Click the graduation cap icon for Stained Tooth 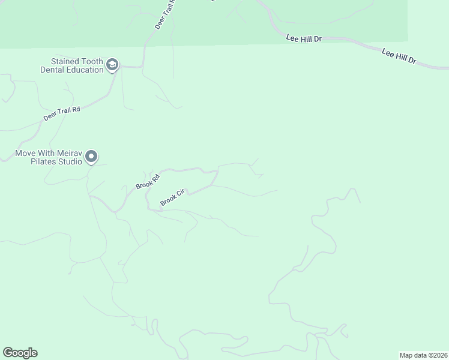pyautogui.click(x=112, y=65)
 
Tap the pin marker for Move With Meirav pyautogui.click(x=91, y=157)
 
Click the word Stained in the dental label pyautogui.click(x=66, y=61)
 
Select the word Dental pyautogui.click(x=52, y=70)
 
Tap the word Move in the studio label pyautogui.click(x=26, y=153)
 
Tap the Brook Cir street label pyautogui.click(x=174, y=199)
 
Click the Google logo pyautogui.click(x=20, y=353)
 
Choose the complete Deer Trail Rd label pyautogui.click(x=61, y=113)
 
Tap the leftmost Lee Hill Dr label pyautogui.click(x=304, y=38)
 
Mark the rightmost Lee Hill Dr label pyautogui.click(x=399, y=58)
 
